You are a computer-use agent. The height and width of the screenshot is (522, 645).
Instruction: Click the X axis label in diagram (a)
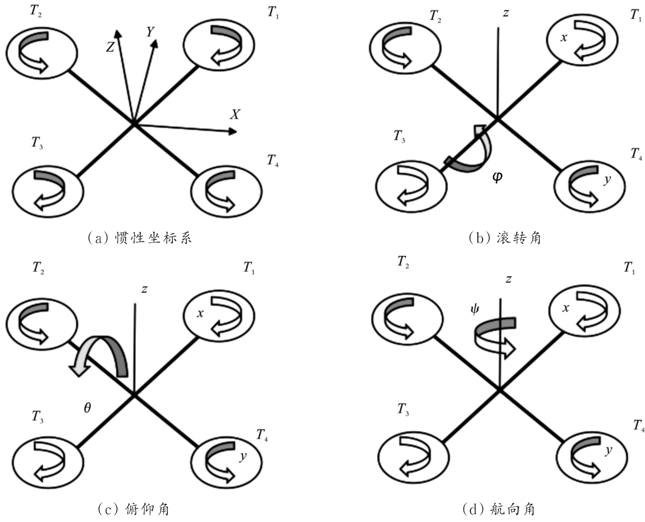(x=235, y=114)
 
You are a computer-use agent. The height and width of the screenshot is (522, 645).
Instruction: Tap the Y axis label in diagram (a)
(x=150, y=32)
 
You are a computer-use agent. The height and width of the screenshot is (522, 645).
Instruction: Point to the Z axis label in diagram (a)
(x=110, y=47)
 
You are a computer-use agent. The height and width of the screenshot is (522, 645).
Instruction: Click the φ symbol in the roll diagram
(x=497, y=177)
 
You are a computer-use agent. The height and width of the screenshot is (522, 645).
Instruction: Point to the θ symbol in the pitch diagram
(x=87, y=408)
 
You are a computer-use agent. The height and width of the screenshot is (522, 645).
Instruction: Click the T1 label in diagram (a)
(x=273, y=13)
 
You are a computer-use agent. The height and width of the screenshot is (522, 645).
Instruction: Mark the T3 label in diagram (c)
(x=37, y=417)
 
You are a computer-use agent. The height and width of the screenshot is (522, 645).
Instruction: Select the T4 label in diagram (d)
(x=639, y=426)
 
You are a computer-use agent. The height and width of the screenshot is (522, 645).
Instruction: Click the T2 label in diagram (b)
(x=435, y=16)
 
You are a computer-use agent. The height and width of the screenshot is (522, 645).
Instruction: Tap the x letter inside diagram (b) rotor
(x=564, y=38)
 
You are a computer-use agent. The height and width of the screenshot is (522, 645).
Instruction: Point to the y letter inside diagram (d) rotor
(x=608, y=450)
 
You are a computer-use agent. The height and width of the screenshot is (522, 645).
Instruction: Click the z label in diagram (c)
(x=145, y=289)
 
